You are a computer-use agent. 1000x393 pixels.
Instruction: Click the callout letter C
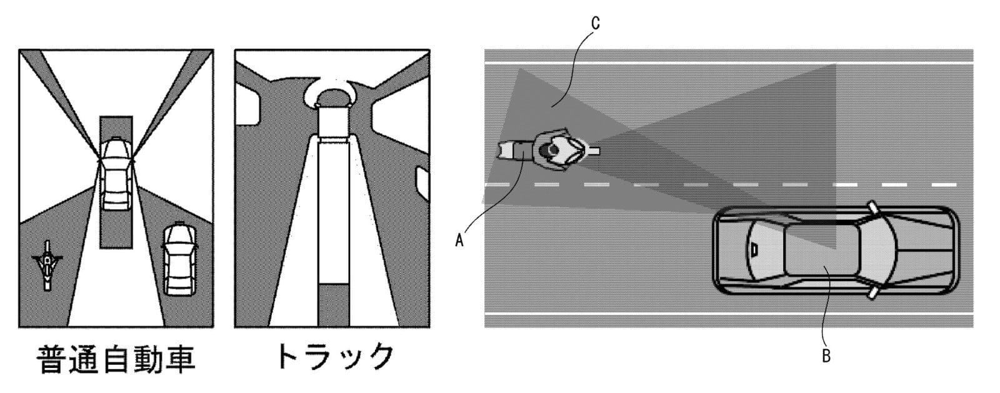595,24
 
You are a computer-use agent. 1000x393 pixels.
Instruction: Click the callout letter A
459,240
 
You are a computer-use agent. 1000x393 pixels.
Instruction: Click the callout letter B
826,357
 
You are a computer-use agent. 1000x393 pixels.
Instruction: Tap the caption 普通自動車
116,359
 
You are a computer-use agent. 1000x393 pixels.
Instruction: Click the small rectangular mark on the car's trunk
755,249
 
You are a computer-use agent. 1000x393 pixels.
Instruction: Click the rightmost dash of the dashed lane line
943,185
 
